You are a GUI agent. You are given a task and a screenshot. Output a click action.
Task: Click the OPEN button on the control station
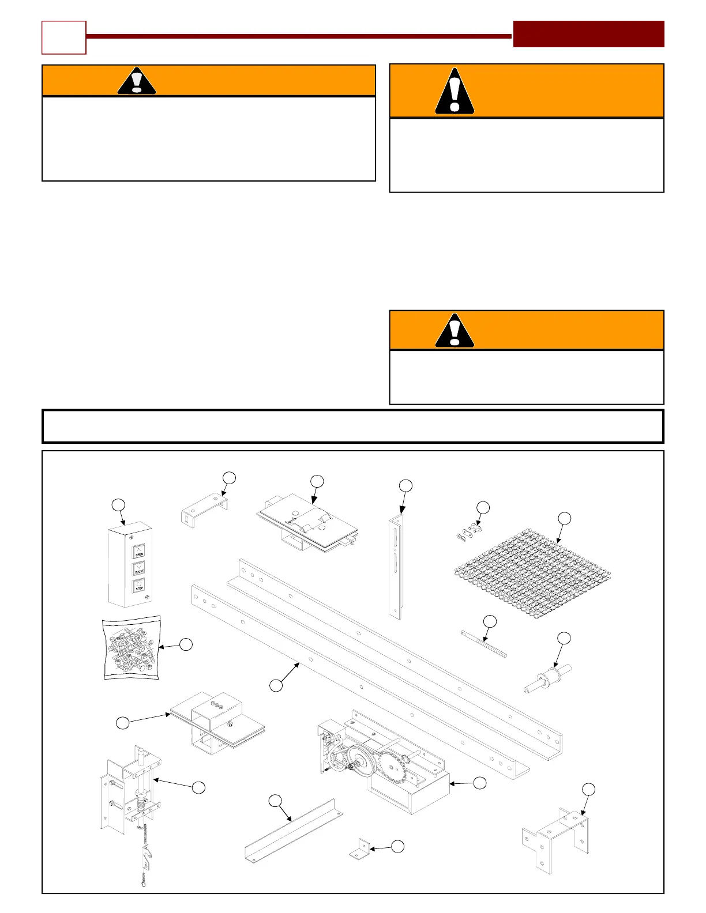[x=139, y=552]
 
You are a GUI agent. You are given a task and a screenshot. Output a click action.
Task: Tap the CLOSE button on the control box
[x=139, y=569]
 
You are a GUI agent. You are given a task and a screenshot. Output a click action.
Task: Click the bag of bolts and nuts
[x=131, y=647]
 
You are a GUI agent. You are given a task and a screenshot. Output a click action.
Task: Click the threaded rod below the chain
[x=484, y=644]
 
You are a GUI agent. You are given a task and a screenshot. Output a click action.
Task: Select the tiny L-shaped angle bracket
[x=359, y=849]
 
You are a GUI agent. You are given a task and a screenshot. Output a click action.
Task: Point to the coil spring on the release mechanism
[x=140, y=801]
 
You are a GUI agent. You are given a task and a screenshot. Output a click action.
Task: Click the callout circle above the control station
[x=118, y=505]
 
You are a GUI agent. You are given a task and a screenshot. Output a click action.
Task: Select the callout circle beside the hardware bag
[x=186, y=645]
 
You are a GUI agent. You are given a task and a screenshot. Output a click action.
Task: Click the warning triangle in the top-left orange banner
[x=137, y=81]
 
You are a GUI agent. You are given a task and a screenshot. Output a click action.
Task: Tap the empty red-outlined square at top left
[x=64, y=37]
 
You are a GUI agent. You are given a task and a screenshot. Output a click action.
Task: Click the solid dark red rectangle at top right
[x=588, y=34]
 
